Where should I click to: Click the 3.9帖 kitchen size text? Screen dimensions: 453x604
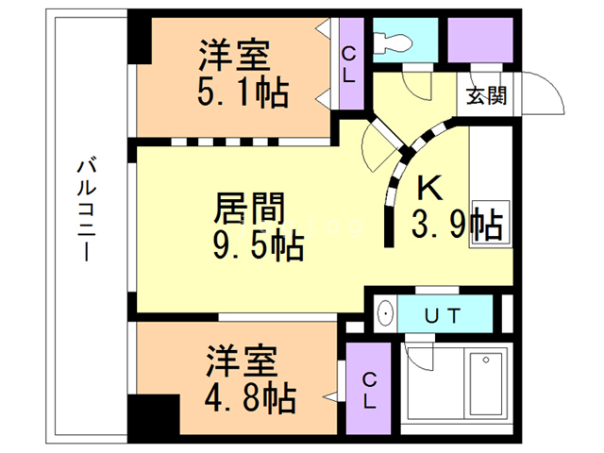point(456,226)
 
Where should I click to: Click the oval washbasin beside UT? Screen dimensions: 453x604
point(385,314)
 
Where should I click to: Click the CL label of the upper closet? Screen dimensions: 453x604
point(348,65)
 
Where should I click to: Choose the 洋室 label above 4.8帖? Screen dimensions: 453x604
point(243,360)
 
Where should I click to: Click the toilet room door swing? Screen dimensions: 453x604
point(412,85)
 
